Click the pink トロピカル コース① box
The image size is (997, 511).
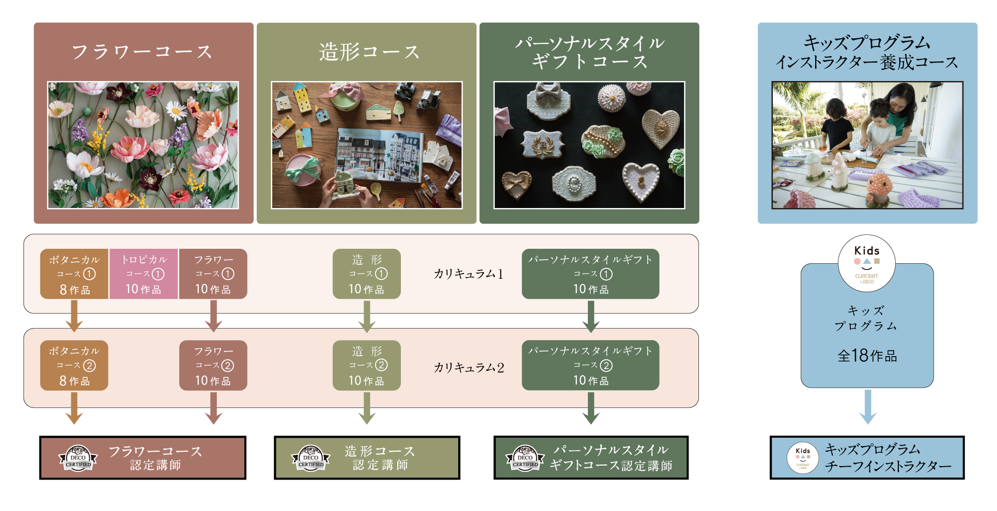[x=144, y=274]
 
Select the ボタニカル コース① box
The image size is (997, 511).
[x=74, y=274]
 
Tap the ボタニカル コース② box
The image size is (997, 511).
[x=74, y=365]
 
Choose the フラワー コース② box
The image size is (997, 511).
[x=213, y=365]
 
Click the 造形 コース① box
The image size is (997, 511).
[x=367, y=274]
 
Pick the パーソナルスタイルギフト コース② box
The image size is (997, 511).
[x=590, y=365]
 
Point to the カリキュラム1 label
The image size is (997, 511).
[x=468, y=274]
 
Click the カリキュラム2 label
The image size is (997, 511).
[x=468, y=367]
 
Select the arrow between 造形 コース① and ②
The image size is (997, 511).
[x=367, y=316]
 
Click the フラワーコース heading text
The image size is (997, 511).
[x=142, y=52]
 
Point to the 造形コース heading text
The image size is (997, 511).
[x=369, y=52]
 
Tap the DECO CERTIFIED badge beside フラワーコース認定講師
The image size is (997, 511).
[x=78, y=458]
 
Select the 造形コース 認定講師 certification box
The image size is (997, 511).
[x=367, y=458]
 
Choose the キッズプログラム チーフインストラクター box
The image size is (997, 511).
[x=867, y=458]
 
